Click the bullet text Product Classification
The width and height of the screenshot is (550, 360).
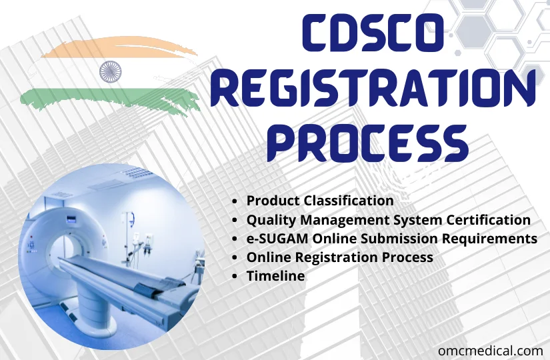320,200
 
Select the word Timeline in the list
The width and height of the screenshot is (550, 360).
275,275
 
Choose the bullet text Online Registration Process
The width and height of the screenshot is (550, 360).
339,257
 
